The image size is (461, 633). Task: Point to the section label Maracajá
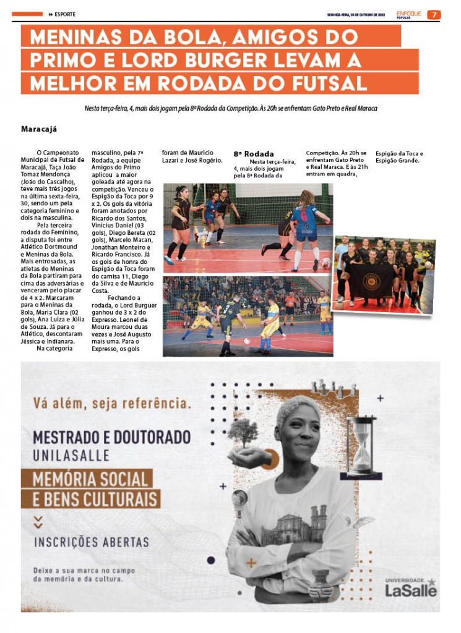(38, 129)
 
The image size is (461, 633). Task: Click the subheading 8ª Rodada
(254, 153)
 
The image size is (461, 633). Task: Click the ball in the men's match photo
(246, 341)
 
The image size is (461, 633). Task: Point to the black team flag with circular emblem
(371, 279)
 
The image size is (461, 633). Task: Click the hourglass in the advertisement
(361, 445)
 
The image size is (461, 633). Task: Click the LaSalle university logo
(411, 588)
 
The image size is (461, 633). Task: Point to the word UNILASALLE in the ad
(71, 456)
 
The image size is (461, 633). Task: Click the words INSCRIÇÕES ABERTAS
(92, 542)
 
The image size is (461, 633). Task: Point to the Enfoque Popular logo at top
(409, 14)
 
